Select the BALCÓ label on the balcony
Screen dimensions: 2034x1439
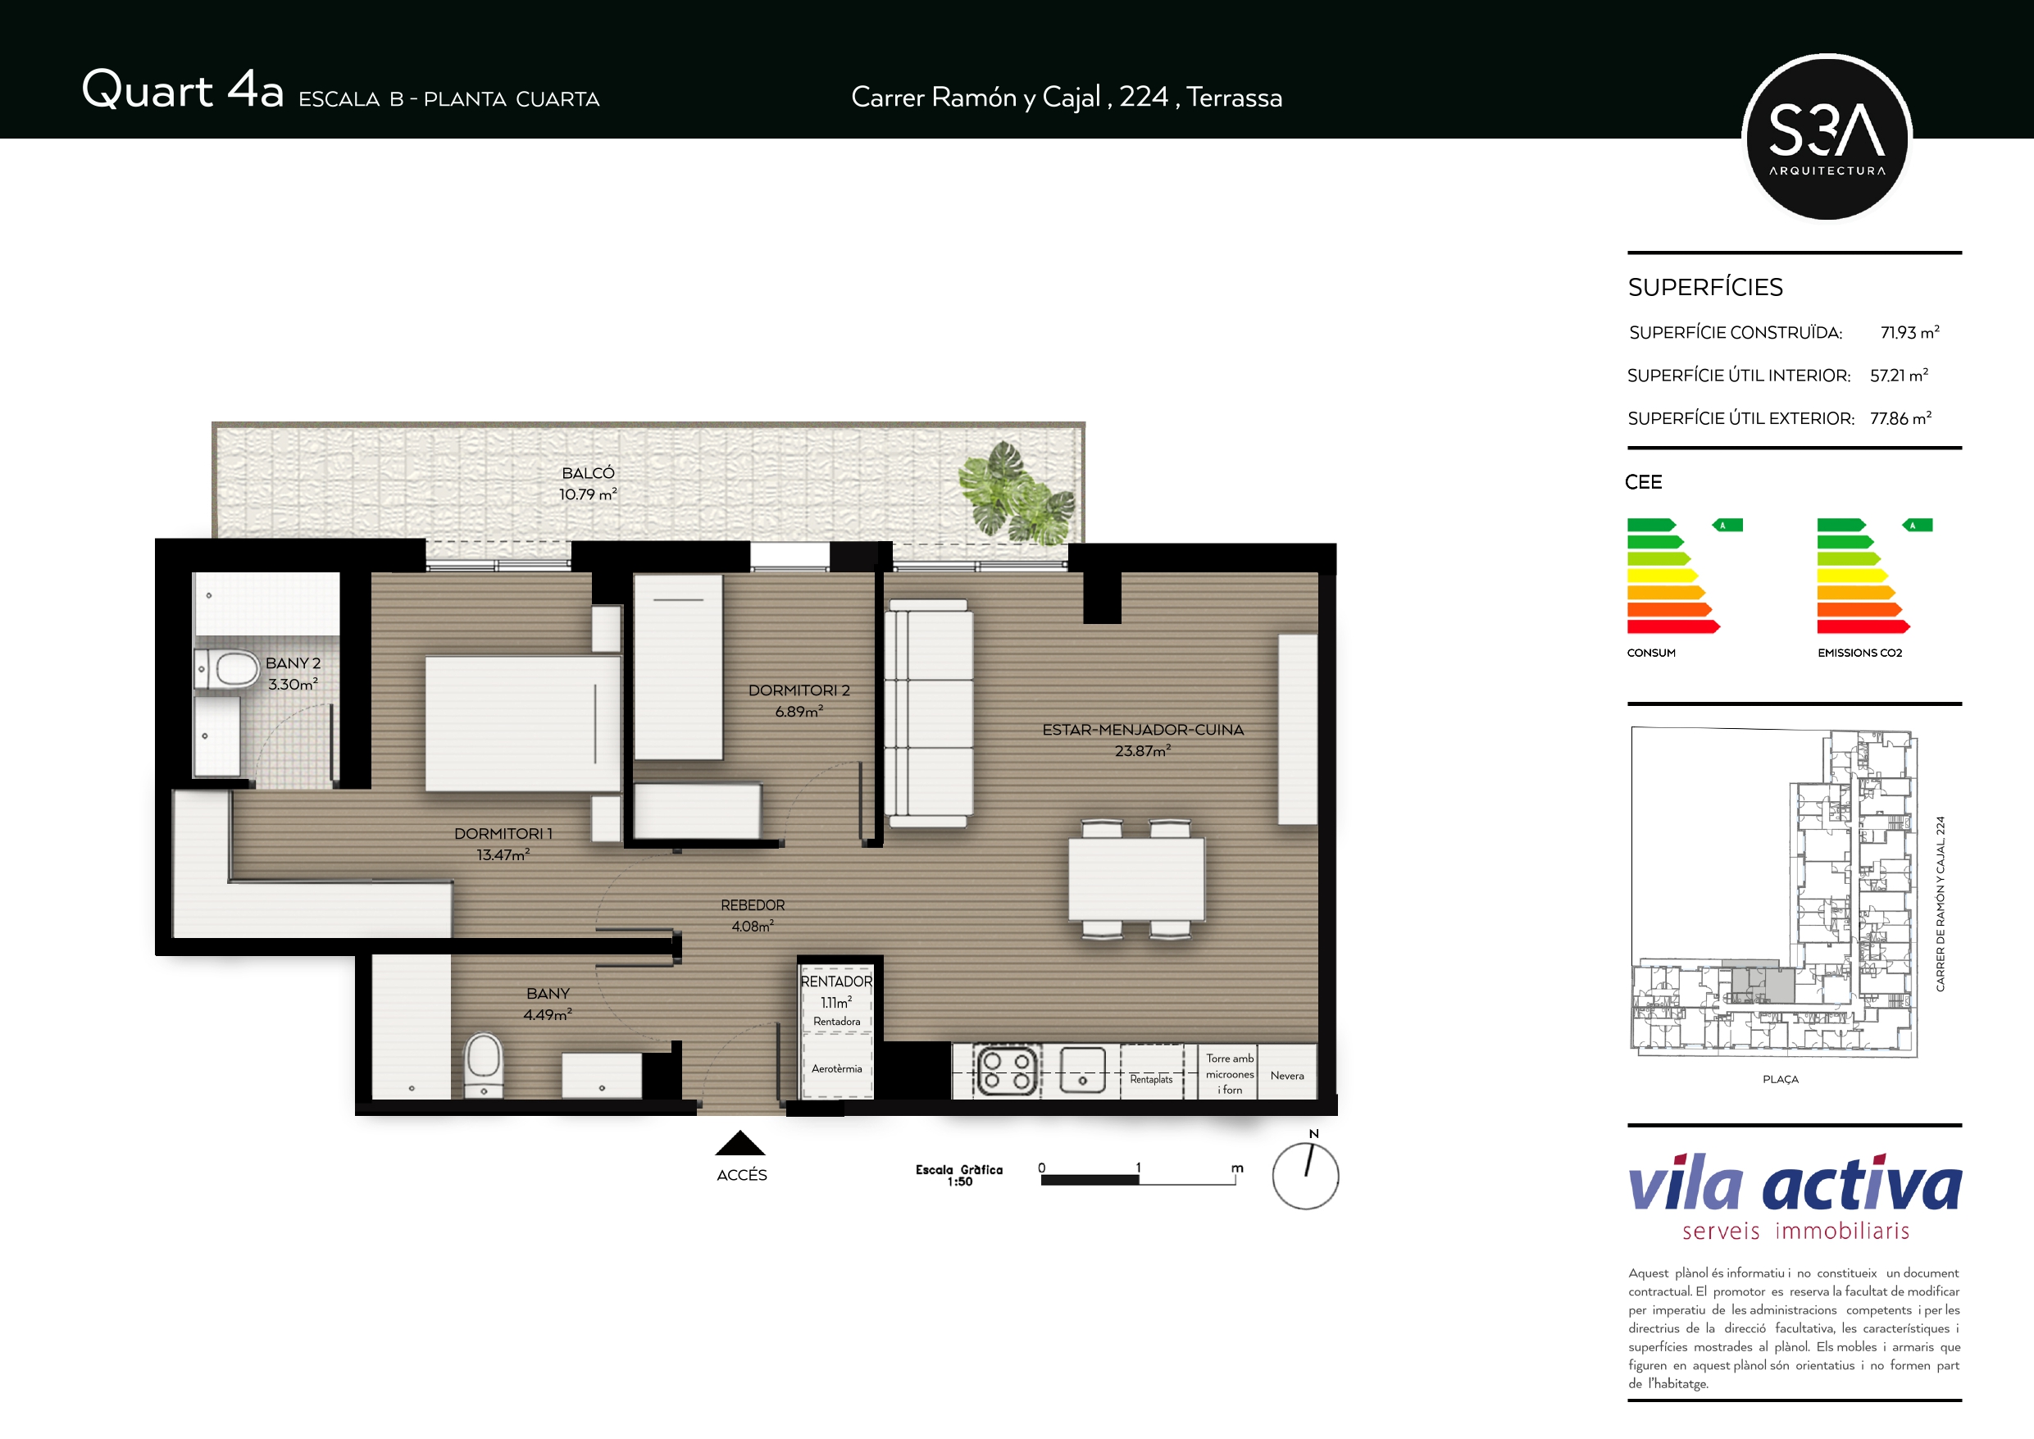(589, 473)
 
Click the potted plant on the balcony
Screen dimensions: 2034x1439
(1017, 493)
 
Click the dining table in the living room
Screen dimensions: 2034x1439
(1135, 879)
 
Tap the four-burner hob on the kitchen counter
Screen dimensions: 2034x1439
(1008, 1072)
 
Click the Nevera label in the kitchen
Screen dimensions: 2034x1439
(1287, 1076)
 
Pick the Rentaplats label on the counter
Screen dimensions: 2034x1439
(1151, 1079)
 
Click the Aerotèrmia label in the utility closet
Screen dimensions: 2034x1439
(836, 1068)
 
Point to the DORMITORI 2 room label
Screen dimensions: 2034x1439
(799, 690)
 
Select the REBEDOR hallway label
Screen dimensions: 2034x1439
(753, 904)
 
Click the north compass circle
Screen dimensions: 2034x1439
(1305, 1177)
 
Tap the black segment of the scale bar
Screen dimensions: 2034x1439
(1090, 1179)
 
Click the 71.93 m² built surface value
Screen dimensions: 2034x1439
(1910, 332)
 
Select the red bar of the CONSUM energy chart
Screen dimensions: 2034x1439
(1673, 627)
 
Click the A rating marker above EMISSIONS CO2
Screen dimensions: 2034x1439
(1917, 526)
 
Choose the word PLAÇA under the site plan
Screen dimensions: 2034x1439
(1781, 1079)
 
